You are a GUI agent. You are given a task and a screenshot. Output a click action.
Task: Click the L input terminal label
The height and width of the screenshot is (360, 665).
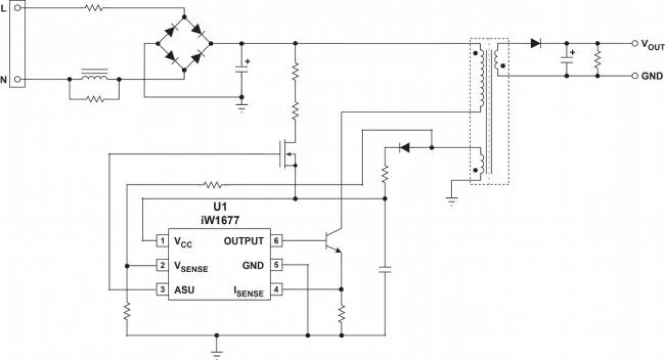(4, 9)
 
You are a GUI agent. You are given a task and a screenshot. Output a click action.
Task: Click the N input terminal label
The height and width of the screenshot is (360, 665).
(4, 80)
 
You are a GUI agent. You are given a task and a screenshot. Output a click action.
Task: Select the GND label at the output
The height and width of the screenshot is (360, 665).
(652, 76)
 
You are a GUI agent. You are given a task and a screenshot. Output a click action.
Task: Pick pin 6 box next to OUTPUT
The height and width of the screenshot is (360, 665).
(277, 241)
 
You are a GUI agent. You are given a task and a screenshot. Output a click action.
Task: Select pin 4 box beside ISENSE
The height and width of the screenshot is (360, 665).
(277, 290)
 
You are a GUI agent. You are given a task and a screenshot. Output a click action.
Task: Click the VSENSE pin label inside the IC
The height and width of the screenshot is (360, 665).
(191, 266)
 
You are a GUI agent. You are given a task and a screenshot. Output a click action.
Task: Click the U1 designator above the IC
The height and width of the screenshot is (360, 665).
(219, 205)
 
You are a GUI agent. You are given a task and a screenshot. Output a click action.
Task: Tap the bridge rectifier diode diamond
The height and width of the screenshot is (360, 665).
(184, 43)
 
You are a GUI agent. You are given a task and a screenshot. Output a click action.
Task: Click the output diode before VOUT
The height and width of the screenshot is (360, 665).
(536, 43)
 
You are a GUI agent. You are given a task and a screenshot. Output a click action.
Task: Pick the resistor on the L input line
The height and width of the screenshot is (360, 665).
(94, 8)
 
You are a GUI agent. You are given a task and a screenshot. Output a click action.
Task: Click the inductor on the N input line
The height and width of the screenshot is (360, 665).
(94, 78)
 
